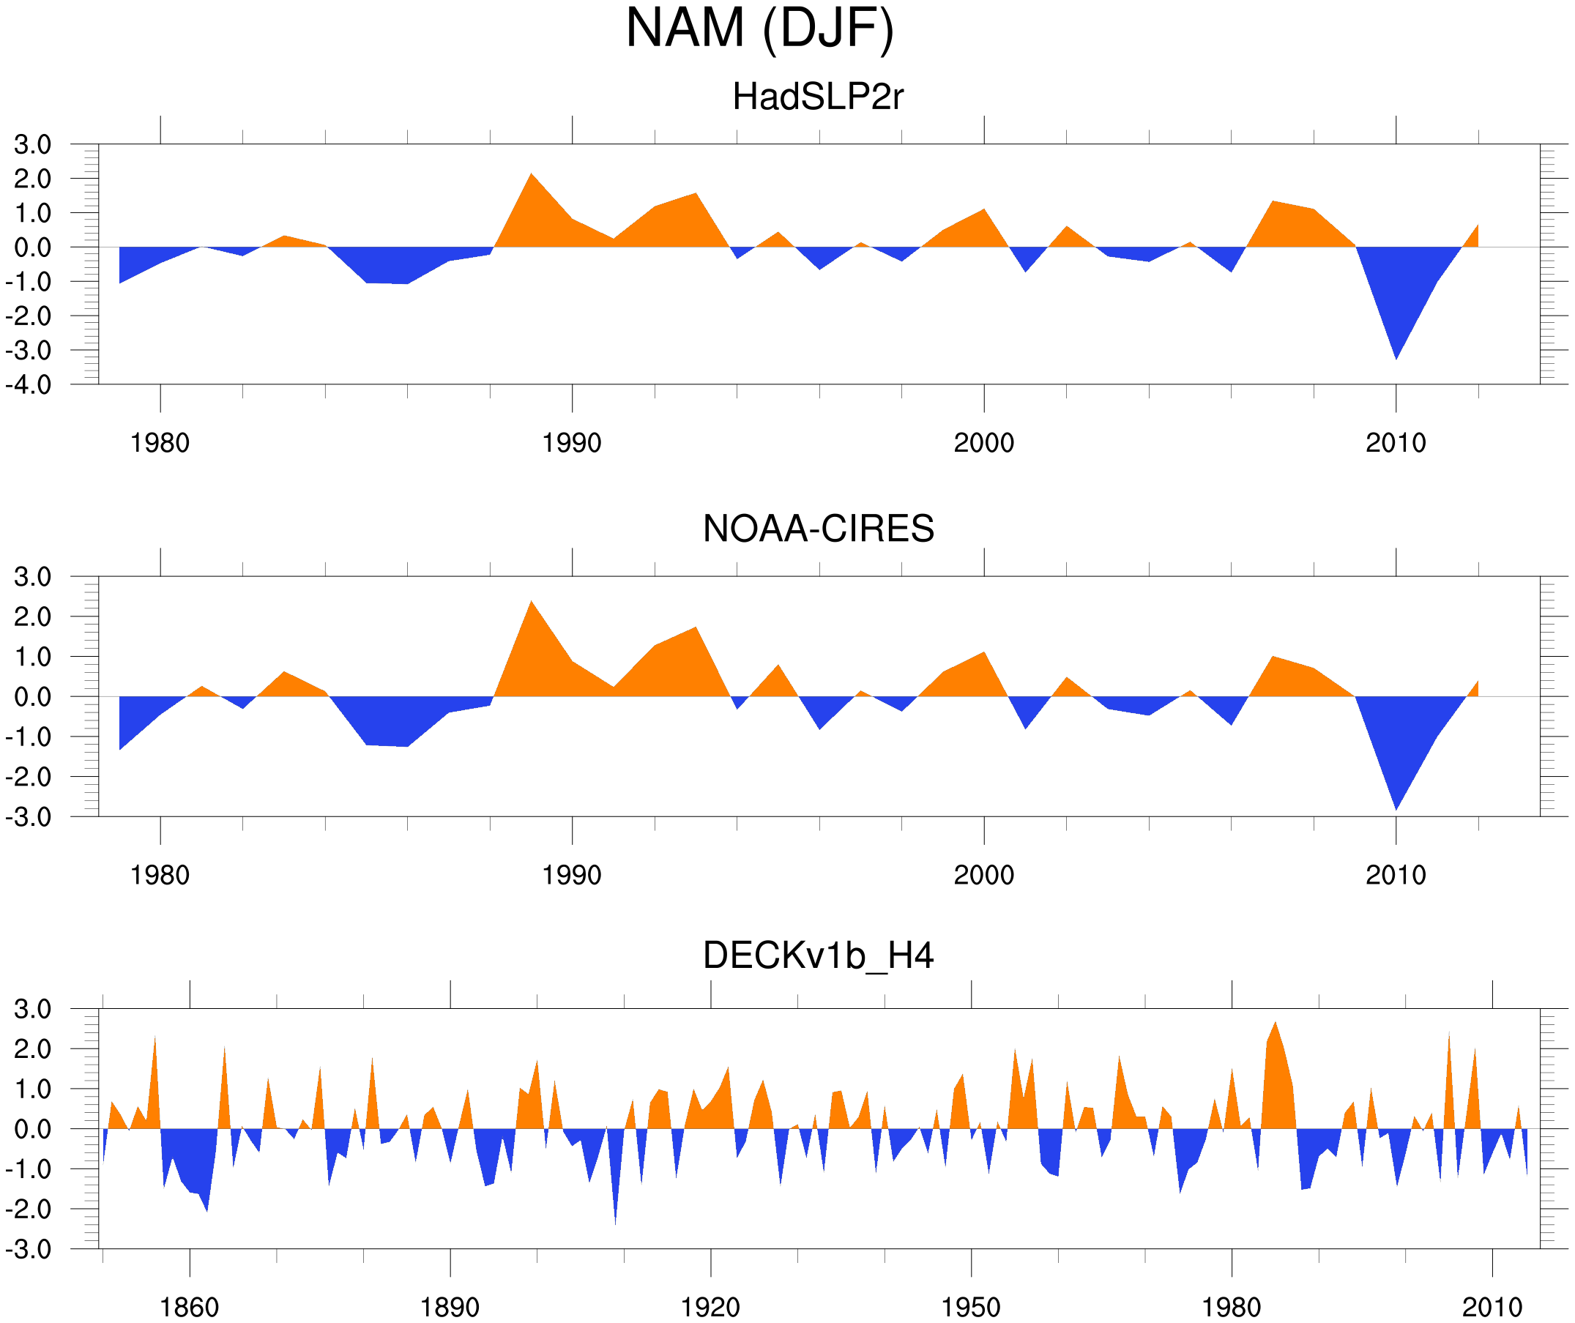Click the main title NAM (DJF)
760,29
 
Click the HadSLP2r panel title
818,97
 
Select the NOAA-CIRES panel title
818,529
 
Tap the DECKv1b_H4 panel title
818,956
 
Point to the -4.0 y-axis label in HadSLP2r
29,386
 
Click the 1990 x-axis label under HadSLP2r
572,443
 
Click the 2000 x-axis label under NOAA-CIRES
983,875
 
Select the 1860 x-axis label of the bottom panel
189,1307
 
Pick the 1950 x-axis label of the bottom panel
970,1307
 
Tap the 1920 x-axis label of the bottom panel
710,1307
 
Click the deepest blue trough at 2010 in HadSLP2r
1396,357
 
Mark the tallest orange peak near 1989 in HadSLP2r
531,175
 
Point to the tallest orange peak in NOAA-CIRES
531,603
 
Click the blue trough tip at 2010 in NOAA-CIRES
1396,808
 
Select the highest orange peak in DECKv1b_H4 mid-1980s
1275,1023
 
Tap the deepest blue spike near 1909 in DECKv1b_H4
615,1223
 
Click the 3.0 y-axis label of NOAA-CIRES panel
32,578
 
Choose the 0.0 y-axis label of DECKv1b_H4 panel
32,1130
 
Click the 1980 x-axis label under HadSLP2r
160,443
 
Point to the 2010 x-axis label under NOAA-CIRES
1395,875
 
